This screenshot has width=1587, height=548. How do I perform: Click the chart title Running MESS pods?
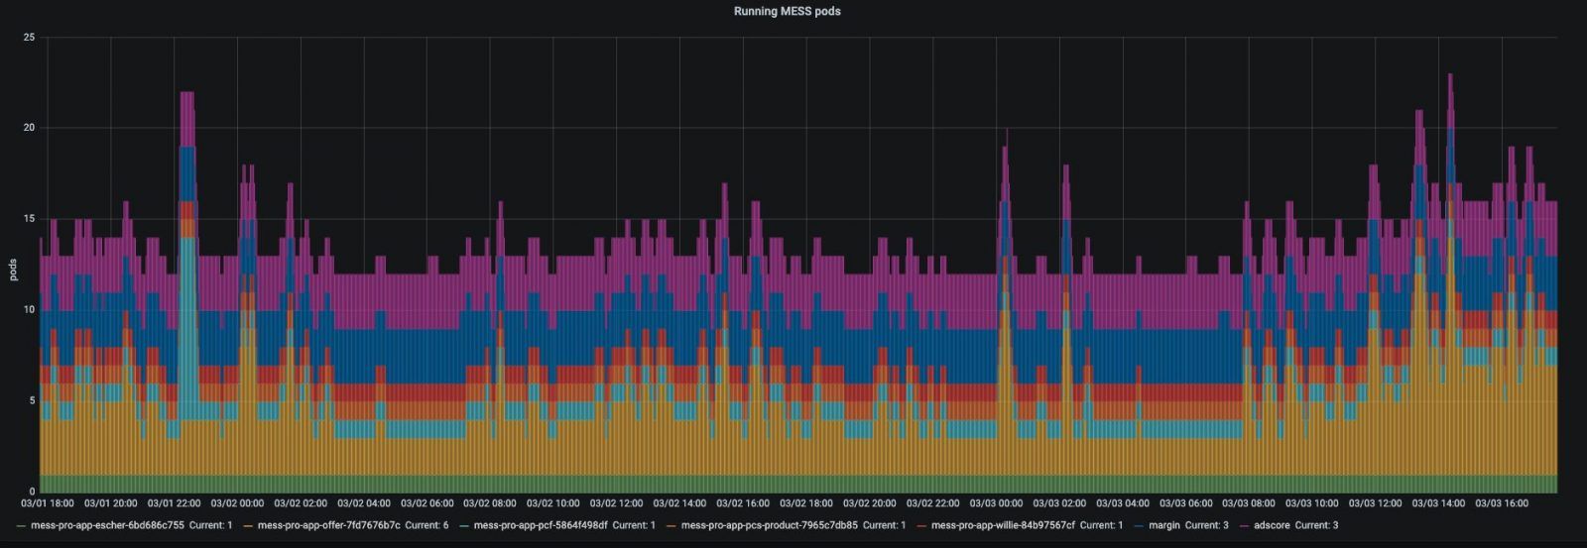(787, 12)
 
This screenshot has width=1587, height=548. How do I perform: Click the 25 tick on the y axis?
(29, 38)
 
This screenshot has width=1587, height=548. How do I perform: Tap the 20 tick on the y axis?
(29, 128)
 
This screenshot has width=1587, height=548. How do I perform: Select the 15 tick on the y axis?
(29, 219)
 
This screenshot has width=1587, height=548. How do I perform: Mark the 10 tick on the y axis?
(29, 310)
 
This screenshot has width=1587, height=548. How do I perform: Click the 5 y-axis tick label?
(32, 401)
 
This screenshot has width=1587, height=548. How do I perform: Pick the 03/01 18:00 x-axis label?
(48, 503)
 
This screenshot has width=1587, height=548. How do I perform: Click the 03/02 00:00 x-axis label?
(237, 503)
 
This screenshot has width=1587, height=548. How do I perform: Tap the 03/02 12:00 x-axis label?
(616, 503)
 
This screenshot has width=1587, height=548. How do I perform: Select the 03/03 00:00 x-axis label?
(996, 503)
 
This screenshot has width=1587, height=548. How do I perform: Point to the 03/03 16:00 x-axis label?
(1502, 503)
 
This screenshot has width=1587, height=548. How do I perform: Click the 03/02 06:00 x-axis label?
(427, 503)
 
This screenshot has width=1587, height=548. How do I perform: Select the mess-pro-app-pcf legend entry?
(541, 525)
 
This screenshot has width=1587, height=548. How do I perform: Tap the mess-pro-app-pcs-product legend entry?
(769, 525)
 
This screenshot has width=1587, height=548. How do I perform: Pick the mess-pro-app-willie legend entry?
(1003, 525)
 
